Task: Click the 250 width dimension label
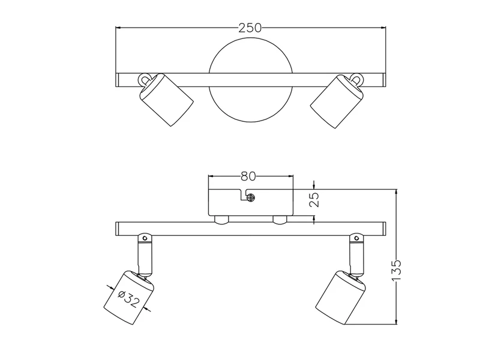point(250,28)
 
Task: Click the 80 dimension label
point(248,176)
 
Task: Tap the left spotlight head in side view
point(131,298)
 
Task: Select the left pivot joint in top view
point(145,79)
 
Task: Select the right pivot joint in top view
point(356,79)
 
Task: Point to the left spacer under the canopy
point(221,220)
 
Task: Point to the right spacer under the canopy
point(280,220)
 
